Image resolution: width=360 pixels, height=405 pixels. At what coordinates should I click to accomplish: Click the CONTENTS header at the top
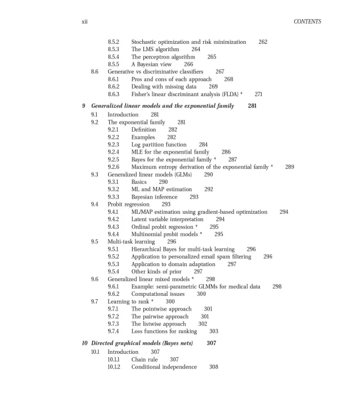point(307,22)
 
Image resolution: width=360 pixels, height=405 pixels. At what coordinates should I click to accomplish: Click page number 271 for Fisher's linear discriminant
point(259,94)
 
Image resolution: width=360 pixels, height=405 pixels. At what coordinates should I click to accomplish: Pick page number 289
point(290,166)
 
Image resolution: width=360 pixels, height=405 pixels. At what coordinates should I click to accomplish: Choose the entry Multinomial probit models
point(166,233)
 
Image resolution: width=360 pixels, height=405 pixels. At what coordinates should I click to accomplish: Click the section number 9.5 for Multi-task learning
point(94,241)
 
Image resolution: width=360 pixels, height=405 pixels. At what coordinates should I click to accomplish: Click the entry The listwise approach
point(159,323)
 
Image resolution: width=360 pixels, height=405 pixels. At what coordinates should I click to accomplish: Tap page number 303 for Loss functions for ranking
point(214,331)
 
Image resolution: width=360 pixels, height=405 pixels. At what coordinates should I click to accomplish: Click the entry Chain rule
point(145,359)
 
